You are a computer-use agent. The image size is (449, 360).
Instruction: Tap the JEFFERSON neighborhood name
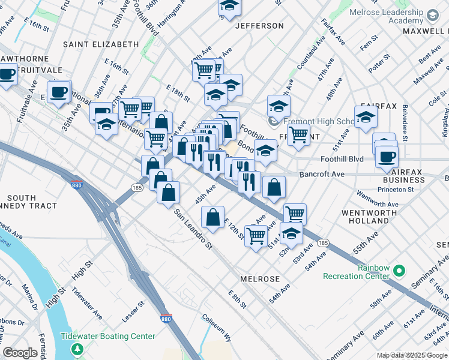(259, 26)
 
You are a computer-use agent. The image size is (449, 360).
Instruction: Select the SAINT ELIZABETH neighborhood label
(101, 44)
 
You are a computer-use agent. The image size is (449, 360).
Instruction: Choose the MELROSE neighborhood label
(260, 279)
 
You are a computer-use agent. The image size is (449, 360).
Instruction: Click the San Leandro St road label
(194, 229)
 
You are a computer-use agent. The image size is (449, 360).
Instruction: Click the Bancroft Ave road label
(322, 174)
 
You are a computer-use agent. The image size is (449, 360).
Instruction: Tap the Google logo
(20, 353)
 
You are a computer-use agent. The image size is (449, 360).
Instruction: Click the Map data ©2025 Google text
(411, 355)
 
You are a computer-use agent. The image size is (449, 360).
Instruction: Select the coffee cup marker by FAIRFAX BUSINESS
(387, 157)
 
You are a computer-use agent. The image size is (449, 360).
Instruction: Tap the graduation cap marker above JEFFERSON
(229, 6)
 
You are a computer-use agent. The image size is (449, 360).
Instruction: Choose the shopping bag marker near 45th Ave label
(212, 218)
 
